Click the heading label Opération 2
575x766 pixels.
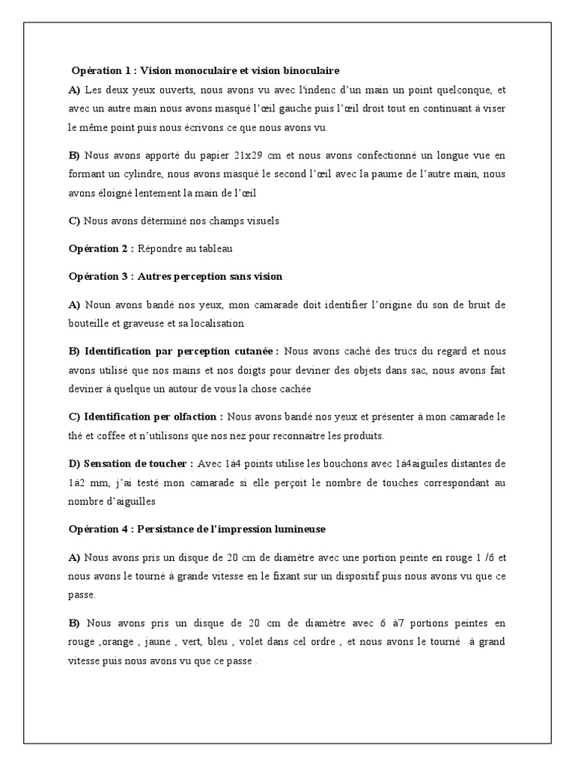coord(100,248)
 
